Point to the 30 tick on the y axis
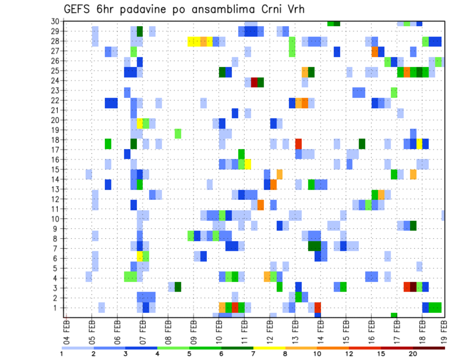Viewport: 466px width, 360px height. pos(55,21)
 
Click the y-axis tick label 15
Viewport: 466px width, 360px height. pos(55,169)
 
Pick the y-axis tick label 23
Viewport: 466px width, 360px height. pos(55,90)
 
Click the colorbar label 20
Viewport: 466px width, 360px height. pos(413,354)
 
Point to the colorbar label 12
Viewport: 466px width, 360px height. pos(349,354)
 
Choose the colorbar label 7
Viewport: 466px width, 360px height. pos(253,354)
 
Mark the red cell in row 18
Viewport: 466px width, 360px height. pos(299,144)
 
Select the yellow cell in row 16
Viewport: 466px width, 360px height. pos(248,164)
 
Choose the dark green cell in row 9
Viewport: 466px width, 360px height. pos(413,226)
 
